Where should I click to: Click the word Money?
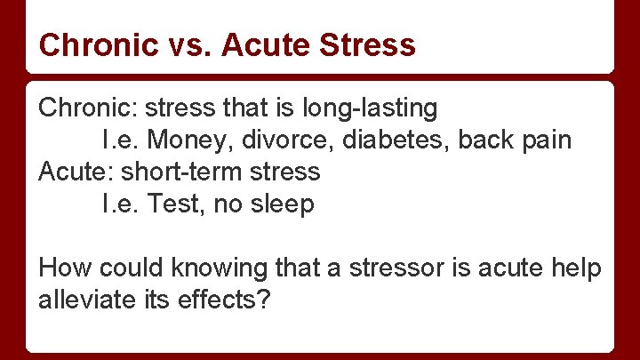click(182, 140)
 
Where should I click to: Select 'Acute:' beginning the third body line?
click(76, 172)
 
